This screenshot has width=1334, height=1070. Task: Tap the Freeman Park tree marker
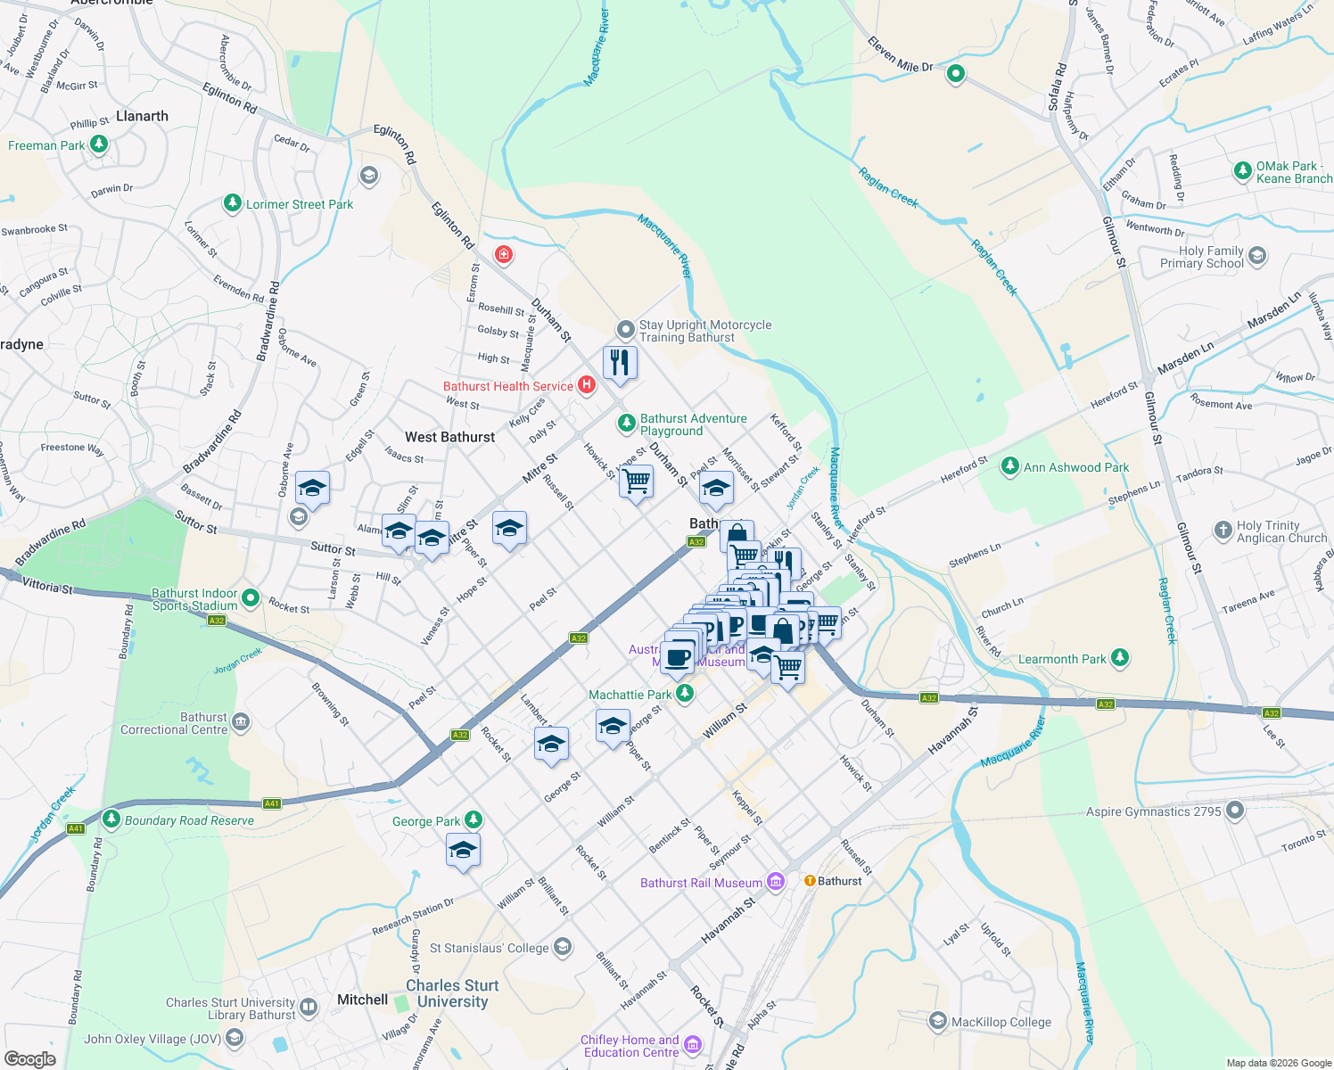pyautogui.click(x=99, y=144)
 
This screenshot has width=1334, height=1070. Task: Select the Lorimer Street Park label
pyautogui.click(x=300, y=204)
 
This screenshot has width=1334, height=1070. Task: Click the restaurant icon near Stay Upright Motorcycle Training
pyautogui.click(x=620, y=363)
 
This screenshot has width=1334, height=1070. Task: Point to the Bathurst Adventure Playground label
pyautogui.click(x=693, y=424)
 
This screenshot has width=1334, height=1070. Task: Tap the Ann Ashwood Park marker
pyautogui.click(x=1009, y=465)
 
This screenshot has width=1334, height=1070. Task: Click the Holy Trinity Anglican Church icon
pyautogui.click(x=1223, y=530)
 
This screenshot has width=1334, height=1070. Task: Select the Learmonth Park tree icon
pyautogui.click(x=1120, y=658)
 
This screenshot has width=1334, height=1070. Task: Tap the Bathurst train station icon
pyautogui.click(x=810, y=880)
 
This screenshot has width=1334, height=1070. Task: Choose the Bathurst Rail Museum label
pyautogui.click(x=701, y=883)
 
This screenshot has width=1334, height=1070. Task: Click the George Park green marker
pyautogui.click(x=473, y=819)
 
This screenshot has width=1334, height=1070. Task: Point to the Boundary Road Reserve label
pyautogui.click(x=189, y=820)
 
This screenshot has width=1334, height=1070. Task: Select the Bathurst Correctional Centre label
pyautogui.click(x=174, y=723)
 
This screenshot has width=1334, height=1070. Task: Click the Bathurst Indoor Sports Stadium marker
pyautogui.click(x=251, y=597)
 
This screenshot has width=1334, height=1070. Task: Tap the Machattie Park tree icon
pyautogui.click(x=684, y=693)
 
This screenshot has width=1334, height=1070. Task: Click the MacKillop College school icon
pyautogui.click(x=937, y=1020)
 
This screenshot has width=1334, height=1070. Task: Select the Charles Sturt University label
pyautogui.click(x=452, y=993)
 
